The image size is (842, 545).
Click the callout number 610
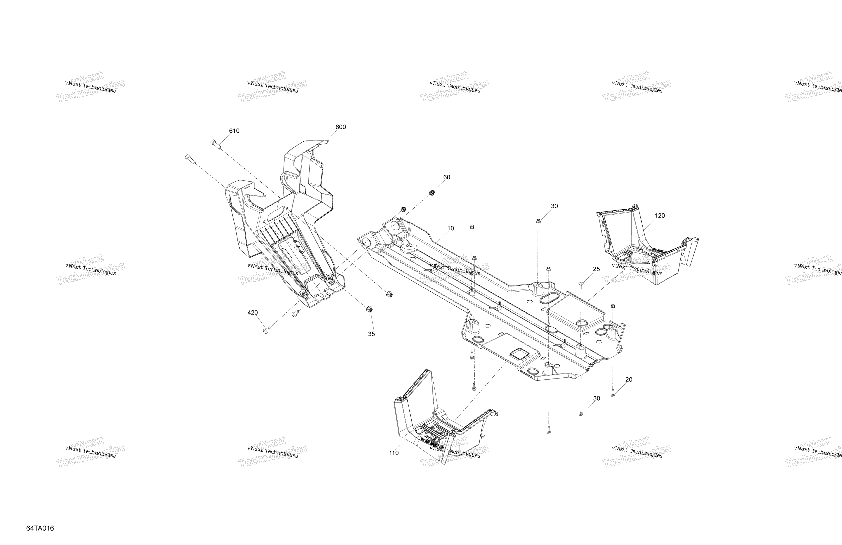[234, 131]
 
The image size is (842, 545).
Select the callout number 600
[341, 127]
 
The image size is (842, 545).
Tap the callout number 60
[447, 177]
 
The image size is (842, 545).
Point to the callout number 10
[450, 229]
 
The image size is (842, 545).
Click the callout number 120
[660, 215]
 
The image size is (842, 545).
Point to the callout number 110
[394, 453]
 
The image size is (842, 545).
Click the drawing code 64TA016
[40, 528]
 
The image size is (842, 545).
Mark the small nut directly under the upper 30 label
[538, 221]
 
